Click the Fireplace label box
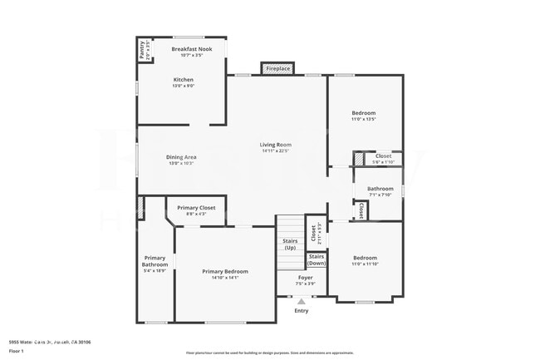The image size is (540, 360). coord(278,69)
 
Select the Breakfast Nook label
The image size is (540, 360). coord(187,50)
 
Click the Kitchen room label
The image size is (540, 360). coord(183,80)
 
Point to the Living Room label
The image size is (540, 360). coord(275,145)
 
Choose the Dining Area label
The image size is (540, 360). coord(180,157)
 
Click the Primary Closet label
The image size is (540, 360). coord(196,208)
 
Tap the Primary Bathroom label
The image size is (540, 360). coord(155,261)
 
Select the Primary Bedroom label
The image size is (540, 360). coord(225,272)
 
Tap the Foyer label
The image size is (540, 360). coord(306,277)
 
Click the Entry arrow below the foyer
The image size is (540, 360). coord(301,303)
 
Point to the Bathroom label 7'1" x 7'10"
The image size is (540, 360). coord(380,189)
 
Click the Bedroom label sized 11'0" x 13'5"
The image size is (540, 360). coord(363,113)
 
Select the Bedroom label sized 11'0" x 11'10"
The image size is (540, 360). coord(365,258)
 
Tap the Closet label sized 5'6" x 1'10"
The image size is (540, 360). coord(383,156)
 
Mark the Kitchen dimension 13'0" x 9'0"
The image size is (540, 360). coord(183,86)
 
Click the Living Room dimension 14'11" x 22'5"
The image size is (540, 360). coord(275,150)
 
